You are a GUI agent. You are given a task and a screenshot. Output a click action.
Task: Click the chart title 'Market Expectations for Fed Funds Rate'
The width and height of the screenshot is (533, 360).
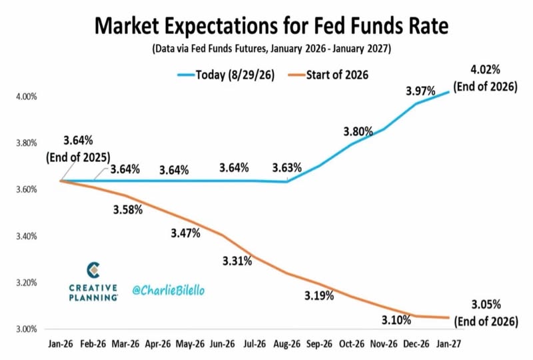pyautogui.click(x=271, y=26)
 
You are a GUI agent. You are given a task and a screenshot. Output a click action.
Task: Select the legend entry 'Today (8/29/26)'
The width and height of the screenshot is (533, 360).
pyautogui.click(x=226, y=75)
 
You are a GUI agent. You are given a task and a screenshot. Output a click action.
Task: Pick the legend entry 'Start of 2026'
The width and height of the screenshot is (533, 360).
pyautogui.click(x=328, y=75)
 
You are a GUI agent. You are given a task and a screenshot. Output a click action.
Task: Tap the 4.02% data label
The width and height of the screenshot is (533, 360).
pyautogui.click(x=485, y=70)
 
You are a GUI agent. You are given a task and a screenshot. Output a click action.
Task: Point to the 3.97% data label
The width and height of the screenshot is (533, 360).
pyautogui.click(x=420, y=91)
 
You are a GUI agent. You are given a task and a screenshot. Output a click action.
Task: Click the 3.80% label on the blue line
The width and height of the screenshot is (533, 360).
pyautogui.click(x=358, y=131)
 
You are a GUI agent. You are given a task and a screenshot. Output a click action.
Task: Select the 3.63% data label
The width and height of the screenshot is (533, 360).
pyautogui.click(x=287, y=167)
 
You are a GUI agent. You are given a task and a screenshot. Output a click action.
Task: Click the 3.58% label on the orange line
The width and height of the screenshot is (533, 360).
pyautogui.click(x=128, y=209)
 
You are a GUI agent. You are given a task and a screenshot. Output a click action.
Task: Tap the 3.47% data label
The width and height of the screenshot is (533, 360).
pyautogui.click(x=186, y=233)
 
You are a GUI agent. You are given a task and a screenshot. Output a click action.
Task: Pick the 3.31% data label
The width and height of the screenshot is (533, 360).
pyautogui.click(x=237, y=261)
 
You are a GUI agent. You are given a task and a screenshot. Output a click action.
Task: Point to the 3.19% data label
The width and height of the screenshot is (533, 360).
pyautogui.click(x=319, y=296)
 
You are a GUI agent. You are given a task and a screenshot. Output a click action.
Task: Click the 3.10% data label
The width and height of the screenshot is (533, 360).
pyautogui.click(x=396, y=320)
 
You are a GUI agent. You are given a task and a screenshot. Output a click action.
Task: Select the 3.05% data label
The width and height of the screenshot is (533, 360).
pyautogui.click(x=486, y=304)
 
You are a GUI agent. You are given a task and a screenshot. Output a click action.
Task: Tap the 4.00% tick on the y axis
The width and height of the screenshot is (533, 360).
pyautogui.click(x=27, y=97)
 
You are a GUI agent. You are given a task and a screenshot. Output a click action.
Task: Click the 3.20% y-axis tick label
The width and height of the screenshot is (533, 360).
pyautogui.click(x=27, y=283)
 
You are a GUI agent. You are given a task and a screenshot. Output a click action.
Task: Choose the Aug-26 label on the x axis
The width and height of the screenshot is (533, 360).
pyautogui.click(x=287, y=344)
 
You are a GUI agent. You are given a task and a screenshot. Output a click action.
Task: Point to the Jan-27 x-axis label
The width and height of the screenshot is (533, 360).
pyautogui.click(x=448, y=344)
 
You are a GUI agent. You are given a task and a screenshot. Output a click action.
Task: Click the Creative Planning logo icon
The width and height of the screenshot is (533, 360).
pyautogui.click(x=93, y=270)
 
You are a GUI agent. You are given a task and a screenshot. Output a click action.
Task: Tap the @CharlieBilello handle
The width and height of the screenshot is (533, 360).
pyautogui.click(x=169, y=290)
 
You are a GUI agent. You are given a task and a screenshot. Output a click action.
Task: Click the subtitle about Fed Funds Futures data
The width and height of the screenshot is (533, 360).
pyautogui.click(x=272, y=49)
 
